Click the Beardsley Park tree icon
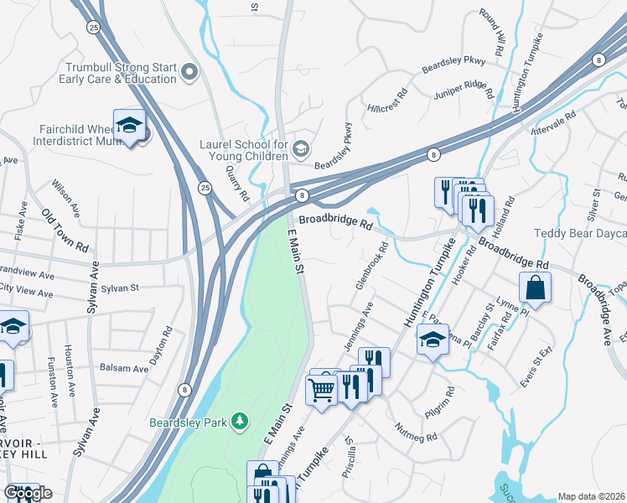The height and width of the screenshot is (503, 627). pyautogui.click(x=241, y=420)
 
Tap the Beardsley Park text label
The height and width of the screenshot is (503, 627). pyautogui.click(x=189, y=423)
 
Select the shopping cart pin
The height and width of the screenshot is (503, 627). pyautogui.click(x=322, y=390)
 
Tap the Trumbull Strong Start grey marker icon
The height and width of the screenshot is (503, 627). pyautogui.click(x=189, y=73)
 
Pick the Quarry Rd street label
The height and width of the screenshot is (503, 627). pyautogui.click(x=239, y=183)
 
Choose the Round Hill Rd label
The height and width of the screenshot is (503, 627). pyautogui.click(x=492, y=33)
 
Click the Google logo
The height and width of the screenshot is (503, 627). pyautogui.click(x=28, y=493)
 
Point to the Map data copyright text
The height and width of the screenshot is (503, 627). pyautogui.click(x=591, y=496)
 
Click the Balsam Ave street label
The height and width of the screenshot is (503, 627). pyautogui.click(x=124, y=368)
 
